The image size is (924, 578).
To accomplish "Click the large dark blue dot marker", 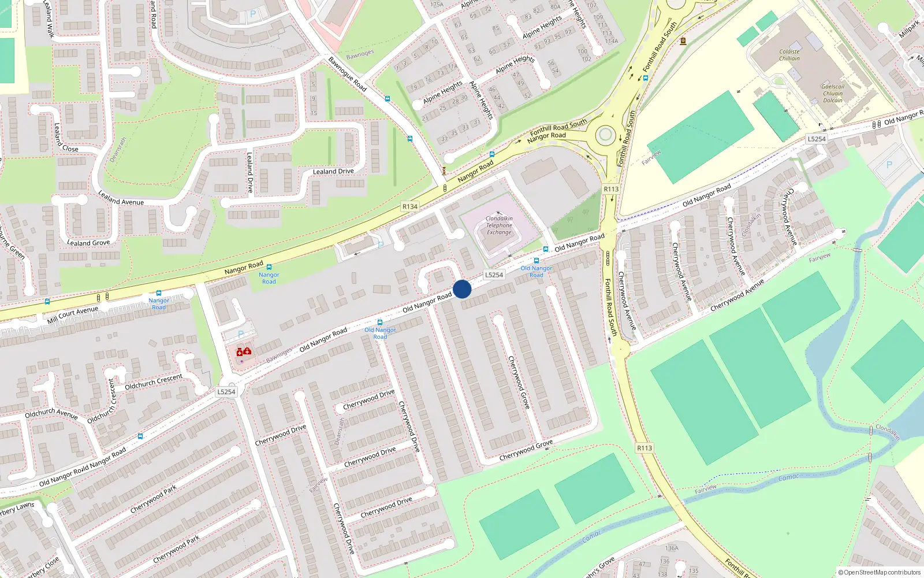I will click(x=462, y=289).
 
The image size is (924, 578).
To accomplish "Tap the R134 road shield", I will click(x=410, y=206).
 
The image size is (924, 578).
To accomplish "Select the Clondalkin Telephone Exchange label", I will click(x=499, y=225).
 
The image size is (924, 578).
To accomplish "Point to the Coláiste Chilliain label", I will click(x=789, y=55).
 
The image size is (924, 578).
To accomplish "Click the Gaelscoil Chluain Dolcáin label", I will click(x=833, y=94).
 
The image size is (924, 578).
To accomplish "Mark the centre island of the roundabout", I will click(x=605, y=135).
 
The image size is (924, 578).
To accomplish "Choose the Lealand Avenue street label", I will click(x=121, y=198).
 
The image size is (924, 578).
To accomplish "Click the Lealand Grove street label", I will click(x=88, y=243).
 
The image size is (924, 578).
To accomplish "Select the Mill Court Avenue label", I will click(x=73, y=315).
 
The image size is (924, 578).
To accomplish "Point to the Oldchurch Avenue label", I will click(x=51, y=413).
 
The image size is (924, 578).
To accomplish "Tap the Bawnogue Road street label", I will click(x=348, y=73).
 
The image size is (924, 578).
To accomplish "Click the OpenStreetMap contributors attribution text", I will click(x=880, y=572).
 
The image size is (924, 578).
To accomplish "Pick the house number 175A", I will click(x=437, y=5).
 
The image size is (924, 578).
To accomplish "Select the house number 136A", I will click(x=672, y=548).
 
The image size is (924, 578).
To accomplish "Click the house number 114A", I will click(x=612, y=41).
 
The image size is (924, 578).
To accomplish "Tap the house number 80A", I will click(x=555, y=7).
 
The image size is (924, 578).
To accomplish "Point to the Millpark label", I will click(x=909, y=29).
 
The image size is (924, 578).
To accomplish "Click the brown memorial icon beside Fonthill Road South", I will click(x=683, y=41).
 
